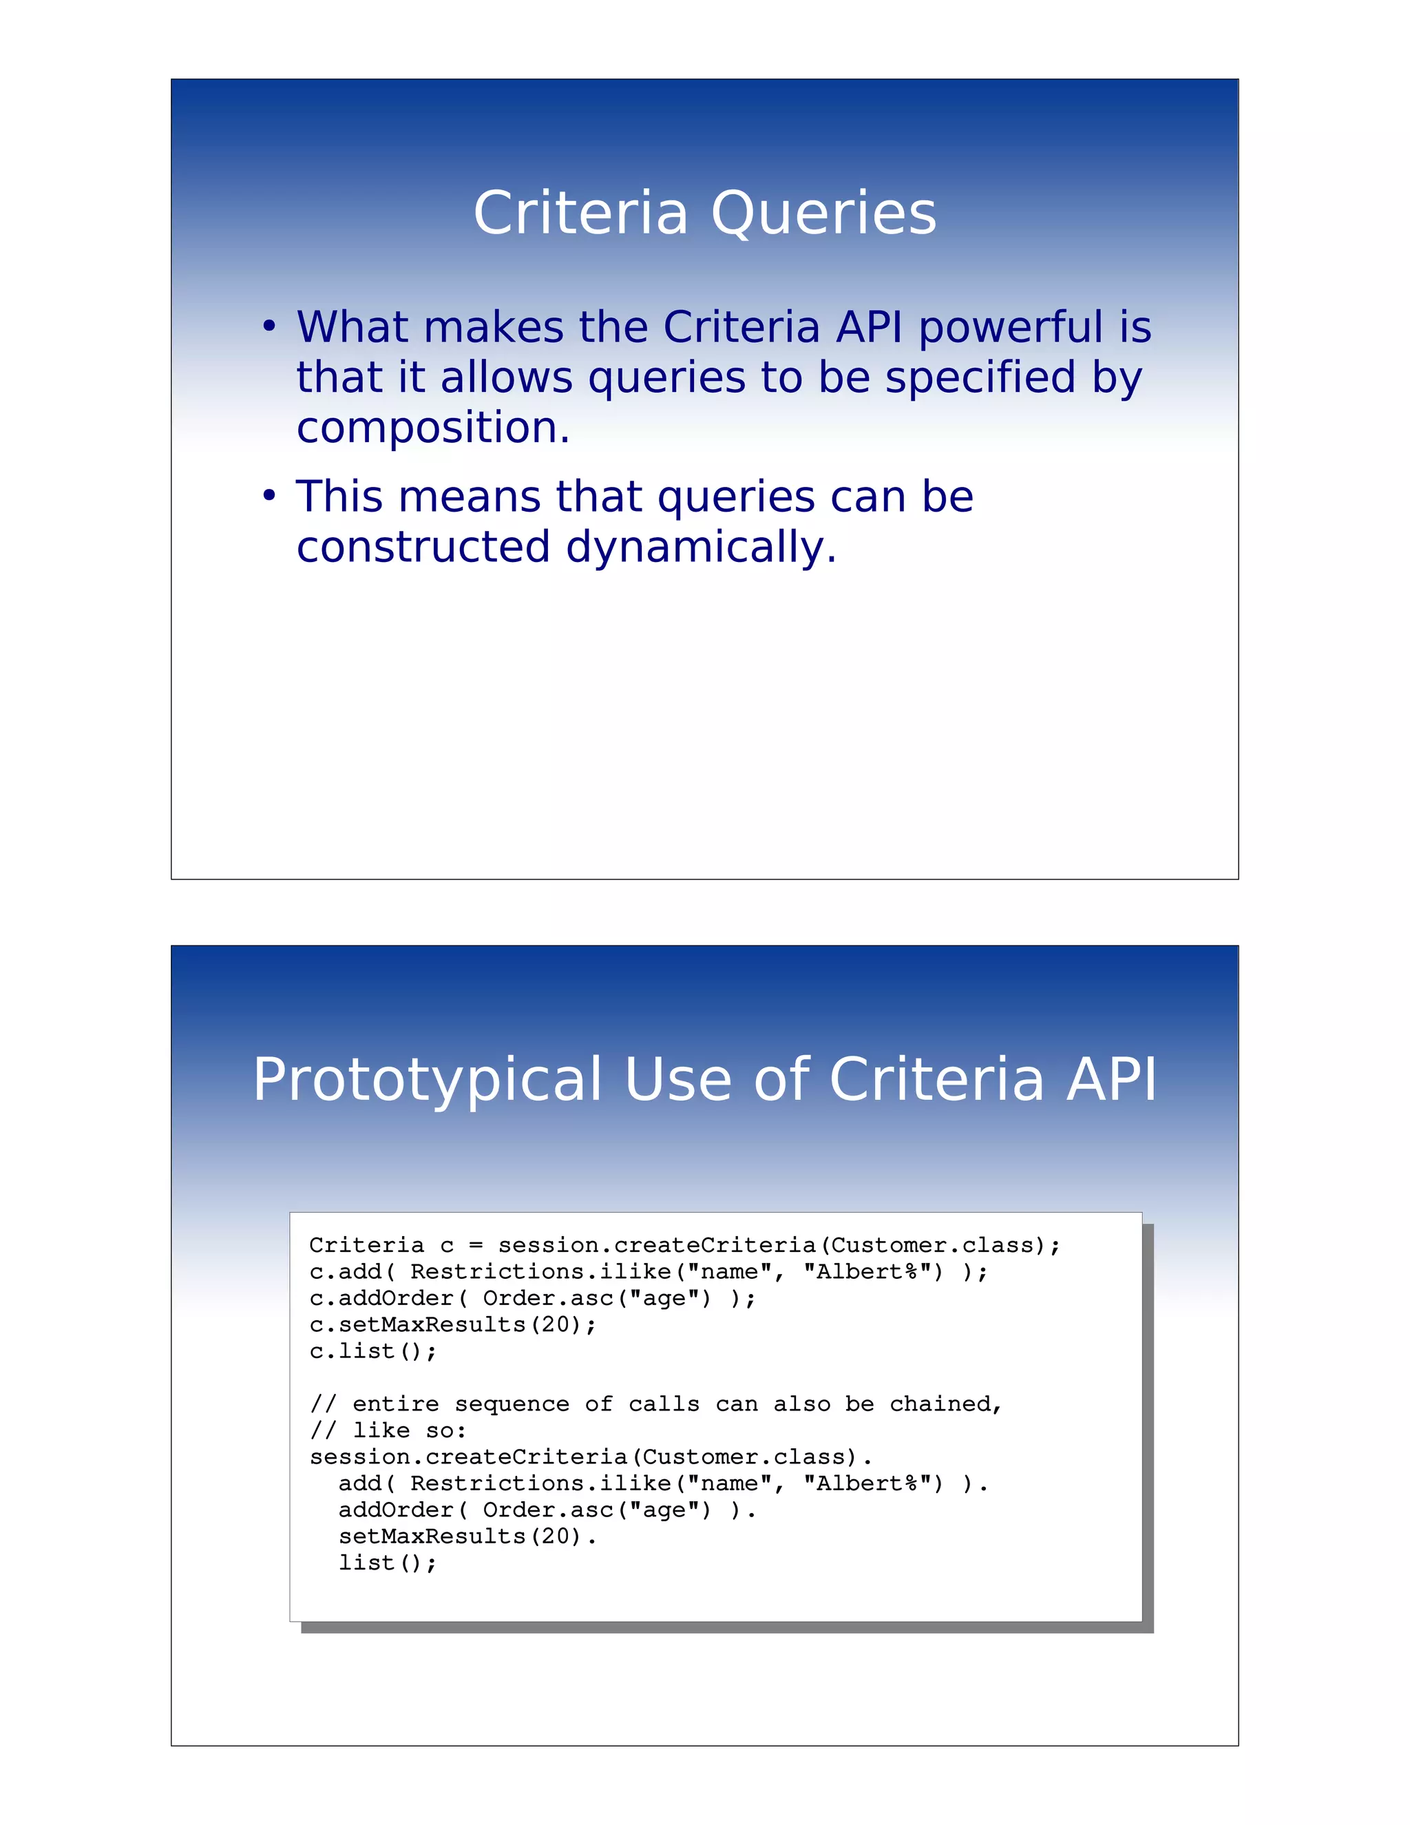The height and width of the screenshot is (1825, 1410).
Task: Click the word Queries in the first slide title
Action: (823, 214)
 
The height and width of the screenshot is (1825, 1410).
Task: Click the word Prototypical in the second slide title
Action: (427, 1081)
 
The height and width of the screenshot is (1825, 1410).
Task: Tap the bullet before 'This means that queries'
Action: (268, 497)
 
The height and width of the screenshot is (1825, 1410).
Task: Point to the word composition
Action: (432, 428)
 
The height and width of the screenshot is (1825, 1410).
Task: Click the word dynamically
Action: (701, 547)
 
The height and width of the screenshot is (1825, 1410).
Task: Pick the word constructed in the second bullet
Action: (423, 547)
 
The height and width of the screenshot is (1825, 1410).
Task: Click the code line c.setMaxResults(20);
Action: (453, 1324)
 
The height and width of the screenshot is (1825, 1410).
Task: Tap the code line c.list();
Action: (372, 1351)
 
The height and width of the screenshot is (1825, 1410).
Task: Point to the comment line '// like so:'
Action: (388, 1430)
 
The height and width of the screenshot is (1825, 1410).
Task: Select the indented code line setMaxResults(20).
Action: (467, 1536)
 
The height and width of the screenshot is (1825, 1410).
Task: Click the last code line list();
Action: (387, 1563)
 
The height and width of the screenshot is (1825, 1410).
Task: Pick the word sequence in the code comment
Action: (512, 1404)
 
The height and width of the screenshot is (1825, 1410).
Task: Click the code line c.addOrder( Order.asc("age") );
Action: (532, 1299)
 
